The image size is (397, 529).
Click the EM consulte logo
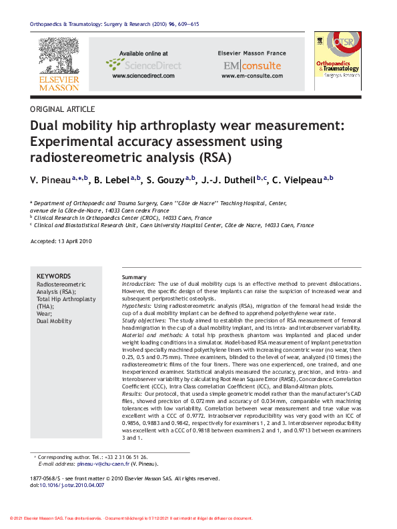(252, 65)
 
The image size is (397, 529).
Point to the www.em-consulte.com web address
(252, 77)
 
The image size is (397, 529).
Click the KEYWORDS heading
(53, 276)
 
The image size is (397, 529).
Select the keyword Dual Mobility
(54, 321)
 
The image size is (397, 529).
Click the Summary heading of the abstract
(134, 276)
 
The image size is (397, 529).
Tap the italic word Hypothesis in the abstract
(136, 306)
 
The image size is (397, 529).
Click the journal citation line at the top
(114, 24)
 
